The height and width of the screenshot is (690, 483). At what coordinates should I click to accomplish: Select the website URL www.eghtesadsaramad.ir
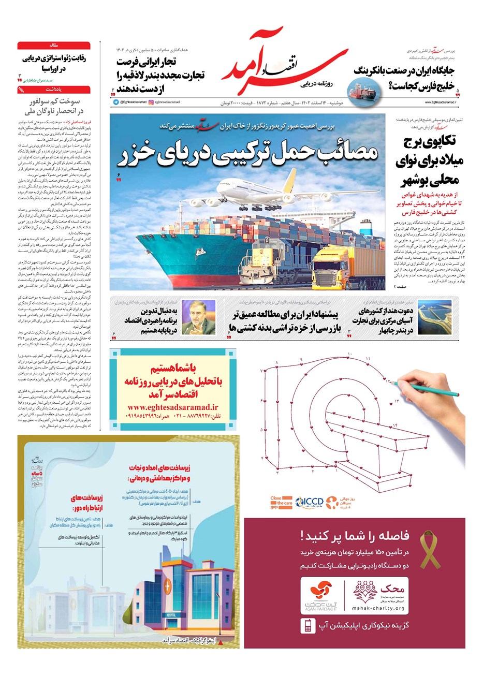tap(172, 407)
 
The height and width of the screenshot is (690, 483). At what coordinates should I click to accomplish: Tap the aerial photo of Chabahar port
tap(434, 317)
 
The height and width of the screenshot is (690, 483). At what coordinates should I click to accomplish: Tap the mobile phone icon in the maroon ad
tap(308, 626)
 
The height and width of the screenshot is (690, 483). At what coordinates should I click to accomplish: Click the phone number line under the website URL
tap(172, 417)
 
